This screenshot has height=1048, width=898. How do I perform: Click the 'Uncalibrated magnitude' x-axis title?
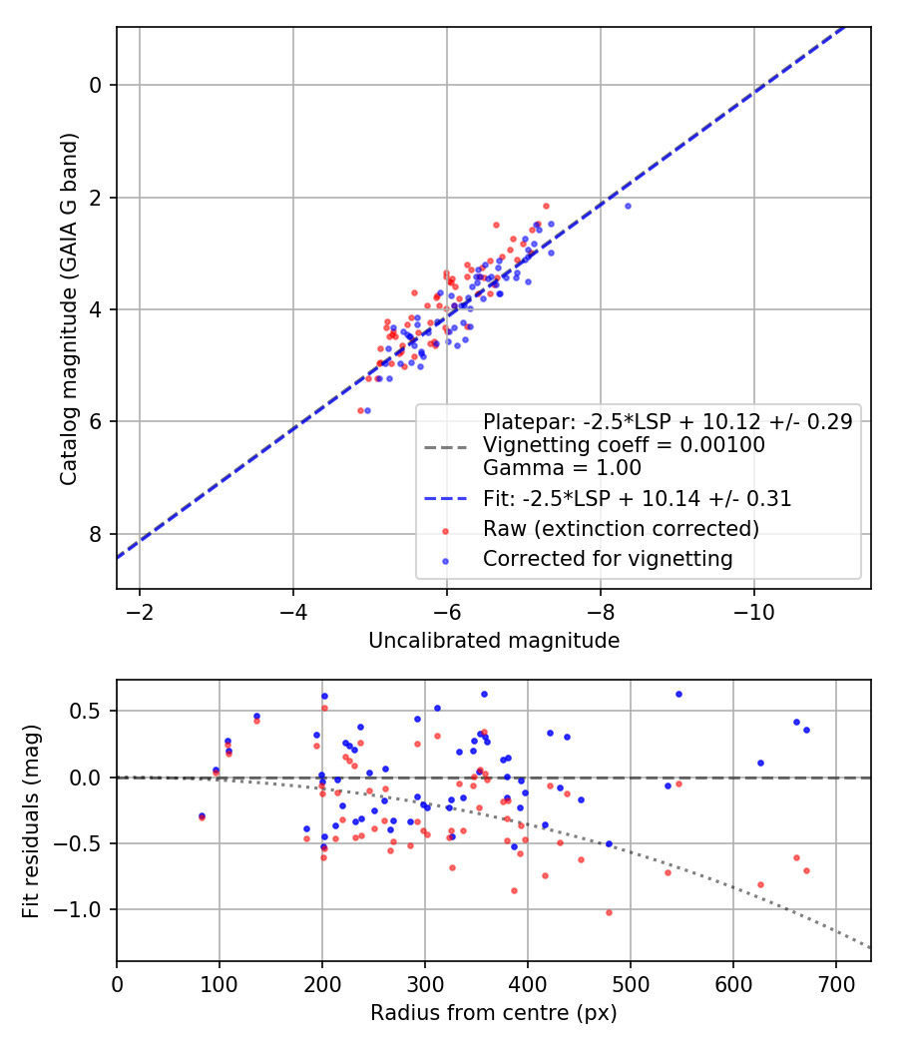click(x=494, y=641)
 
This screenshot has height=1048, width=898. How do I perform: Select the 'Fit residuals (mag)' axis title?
click(x=32, y=819)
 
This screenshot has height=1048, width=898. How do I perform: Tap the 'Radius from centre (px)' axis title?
click(x=494, y=1013)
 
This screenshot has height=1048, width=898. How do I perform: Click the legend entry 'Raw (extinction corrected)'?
click(x=621, y=529)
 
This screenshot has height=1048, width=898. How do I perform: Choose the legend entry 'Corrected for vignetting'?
click(x=608, y=559)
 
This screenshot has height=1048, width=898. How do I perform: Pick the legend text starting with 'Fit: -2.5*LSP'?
click(x=637, y=499)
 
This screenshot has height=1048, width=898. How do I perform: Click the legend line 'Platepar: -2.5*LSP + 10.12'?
click(x=667, y=421)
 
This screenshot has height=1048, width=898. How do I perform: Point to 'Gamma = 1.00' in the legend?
click(x=562, y=468)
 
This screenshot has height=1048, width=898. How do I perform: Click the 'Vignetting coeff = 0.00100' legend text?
click(x=624, y=445)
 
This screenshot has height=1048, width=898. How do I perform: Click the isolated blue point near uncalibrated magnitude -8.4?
click(x=628, y=206)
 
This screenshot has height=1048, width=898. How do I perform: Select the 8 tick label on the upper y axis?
click(x=96, y=534)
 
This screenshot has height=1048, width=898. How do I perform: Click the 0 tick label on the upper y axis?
click(x=96, y=85)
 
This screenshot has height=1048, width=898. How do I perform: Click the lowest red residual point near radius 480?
click(x=609, y=912)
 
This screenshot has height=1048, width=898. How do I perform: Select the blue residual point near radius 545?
click(x=678, y=694)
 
